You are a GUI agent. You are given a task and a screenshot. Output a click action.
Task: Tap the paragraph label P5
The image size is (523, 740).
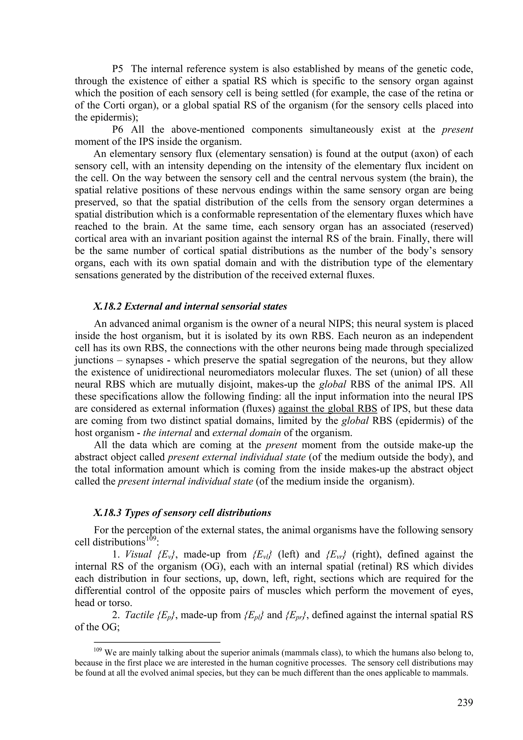point(119,69)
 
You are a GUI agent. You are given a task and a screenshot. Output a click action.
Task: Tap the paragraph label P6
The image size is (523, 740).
point(119,130)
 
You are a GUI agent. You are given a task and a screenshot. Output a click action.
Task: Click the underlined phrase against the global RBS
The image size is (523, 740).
point(327,409)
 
